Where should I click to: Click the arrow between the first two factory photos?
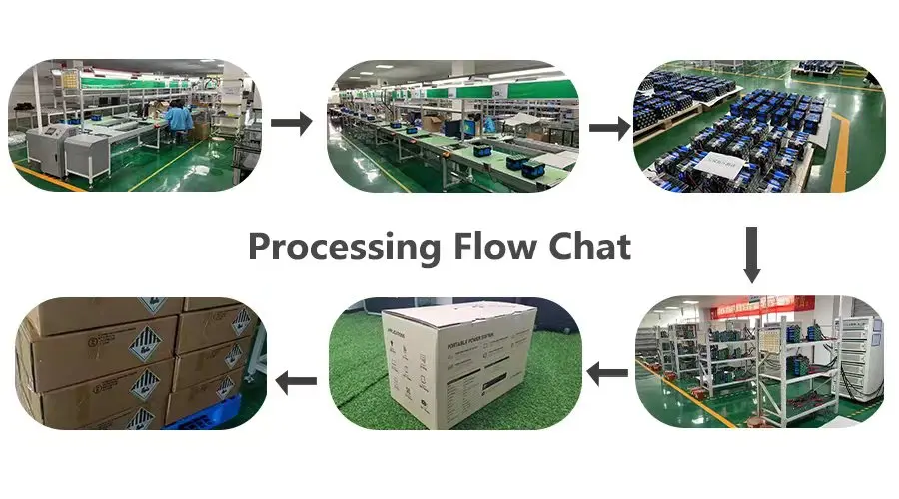292,123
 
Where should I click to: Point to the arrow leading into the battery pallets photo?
608,128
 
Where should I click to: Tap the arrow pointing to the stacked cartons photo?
296,380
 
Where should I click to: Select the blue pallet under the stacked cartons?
200,418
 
